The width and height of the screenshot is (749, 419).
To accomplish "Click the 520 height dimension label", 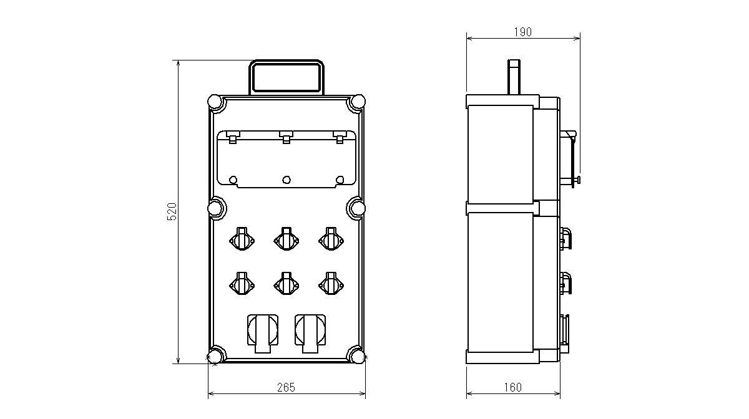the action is click(172, 211).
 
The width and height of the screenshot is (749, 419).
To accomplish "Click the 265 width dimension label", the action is click(286, 387).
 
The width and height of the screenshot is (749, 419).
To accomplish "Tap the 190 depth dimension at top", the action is click(522, 32).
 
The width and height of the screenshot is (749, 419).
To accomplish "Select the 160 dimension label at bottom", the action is click(513, 387).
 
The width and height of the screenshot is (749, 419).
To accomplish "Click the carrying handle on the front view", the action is click(286, 77).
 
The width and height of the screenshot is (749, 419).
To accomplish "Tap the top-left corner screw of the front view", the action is click(215, 101).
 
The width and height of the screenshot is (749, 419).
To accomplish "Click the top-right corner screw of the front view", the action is click(358, 101).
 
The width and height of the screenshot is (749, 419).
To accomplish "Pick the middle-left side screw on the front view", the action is click(215, 208).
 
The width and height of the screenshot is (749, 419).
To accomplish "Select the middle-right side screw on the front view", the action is click(358, 208).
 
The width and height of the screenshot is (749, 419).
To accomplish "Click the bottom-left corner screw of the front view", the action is click(215, 357).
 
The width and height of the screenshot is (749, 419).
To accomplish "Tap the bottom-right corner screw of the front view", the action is click(358, 357).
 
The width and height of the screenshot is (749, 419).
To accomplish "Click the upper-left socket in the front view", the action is click(242, 239).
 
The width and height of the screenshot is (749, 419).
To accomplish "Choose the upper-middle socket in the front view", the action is click(286, 239).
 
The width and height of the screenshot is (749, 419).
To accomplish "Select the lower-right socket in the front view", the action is click(331, 284).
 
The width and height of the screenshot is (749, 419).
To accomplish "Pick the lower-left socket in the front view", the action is click(242, 284).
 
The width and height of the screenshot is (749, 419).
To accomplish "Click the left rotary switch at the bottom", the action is click(263, 333).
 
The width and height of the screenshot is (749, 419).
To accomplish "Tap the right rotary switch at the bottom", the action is click(310, 333).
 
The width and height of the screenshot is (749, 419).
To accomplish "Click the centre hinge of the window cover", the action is click(286, 137).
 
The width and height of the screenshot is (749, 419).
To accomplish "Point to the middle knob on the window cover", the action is click(286, 180).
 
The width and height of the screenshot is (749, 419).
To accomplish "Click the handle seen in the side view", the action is click(514, 77).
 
